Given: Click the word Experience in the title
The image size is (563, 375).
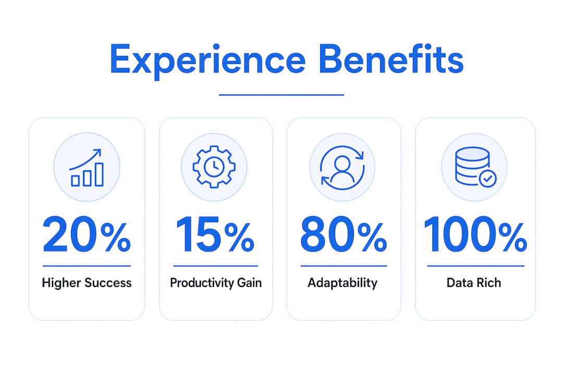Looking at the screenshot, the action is (x=207, y=61).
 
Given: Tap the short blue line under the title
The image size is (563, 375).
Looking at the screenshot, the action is (x=281, y=95).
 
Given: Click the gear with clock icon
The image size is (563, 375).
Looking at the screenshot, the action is (x=214, y=167).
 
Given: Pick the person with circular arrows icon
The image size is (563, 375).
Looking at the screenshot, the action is (x=342, y=167).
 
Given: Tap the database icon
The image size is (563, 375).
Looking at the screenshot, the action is (x=475, y=167).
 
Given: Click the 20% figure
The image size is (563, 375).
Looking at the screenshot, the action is (x=87, y=235).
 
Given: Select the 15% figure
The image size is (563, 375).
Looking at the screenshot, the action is (x=215, y=235).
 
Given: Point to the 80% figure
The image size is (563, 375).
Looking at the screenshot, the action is (x=344, y=235).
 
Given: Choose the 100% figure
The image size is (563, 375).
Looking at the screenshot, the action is (x=475, y=235).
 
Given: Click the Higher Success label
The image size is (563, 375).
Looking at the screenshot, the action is (x=87, y=283).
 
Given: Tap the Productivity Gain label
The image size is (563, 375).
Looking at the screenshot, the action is (x=216, y=283).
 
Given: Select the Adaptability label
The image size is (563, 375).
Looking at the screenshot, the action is (x=342, y=283).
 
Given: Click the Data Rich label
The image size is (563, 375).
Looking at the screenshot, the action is (x=473, y=283).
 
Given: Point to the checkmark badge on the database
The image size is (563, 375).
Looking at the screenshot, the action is (x=487, y=179).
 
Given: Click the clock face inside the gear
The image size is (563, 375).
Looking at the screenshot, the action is (x=214, y=167).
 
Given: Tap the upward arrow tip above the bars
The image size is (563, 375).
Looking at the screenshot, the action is (x=100, y=150).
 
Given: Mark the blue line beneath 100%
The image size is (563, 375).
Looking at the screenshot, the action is (x=476, y=266).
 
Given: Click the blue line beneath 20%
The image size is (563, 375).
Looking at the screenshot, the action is (x=87, y=266).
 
